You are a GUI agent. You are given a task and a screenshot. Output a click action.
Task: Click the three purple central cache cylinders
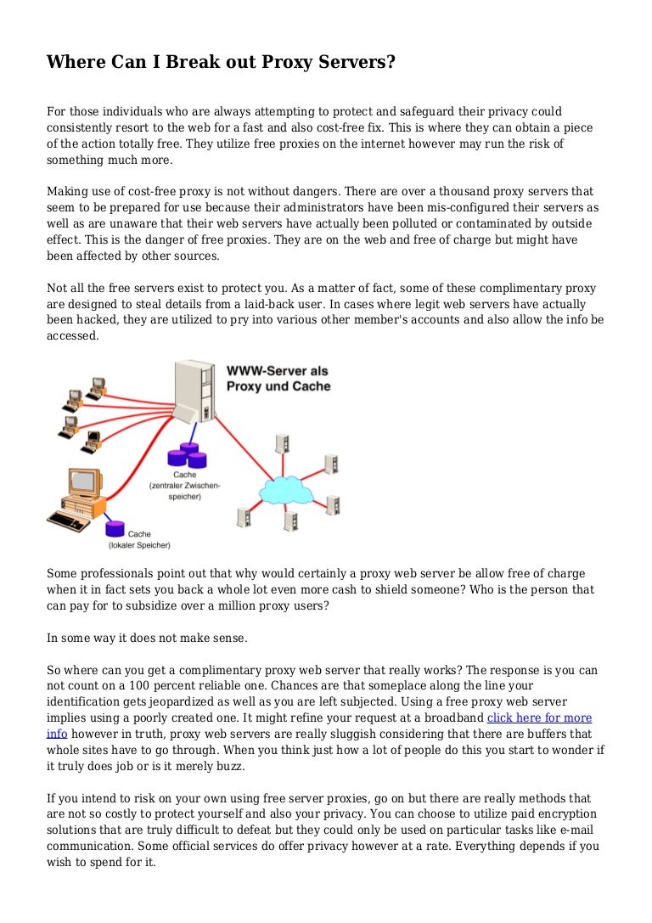[x=186, y=457]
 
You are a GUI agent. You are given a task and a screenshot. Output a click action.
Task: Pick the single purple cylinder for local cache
[x=115, y=528]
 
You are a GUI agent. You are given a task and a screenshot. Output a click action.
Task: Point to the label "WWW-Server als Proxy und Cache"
[x=278, y=379]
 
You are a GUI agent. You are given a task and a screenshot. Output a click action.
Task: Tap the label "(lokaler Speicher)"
[x=139, y=544]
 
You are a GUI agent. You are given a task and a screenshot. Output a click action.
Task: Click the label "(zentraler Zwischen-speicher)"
[x=185, y=491]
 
